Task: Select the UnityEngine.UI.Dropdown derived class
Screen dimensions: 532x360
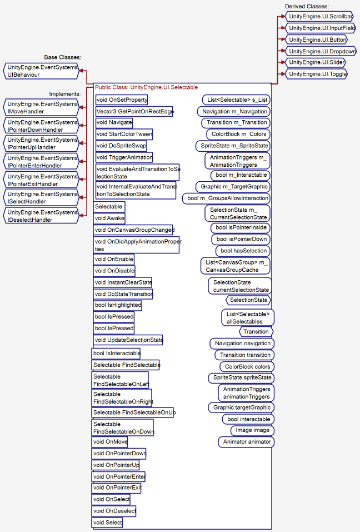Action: (x=321, y=51)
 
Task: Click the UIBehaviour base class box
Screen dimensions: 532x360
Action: (x=42, y=71)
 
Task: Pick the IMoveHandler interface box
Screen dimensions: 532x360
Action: (x=42, y=107)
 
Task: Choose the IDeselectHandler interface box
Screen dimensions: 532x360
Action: (x=42, y=216)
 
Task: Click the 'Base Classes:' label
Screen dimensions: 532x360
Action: (x=63, y=57)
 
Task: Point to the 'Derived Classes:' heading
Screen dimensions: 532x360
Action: (x=307, y=6)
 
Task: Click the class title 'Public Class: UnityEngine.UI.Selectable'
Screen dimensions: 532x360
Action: (x=146, y=87)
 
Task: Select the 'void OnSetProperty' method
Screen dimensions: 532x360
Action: (x=122, y=100)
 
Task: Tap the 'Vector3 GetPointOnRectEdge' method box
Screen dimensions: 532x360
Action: (x=134, y=111)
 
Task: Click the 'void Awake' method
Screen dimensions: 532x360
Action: (x=109, y=218)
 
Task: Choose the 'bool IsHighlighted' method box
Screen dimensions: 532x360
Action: (x=118, y=305)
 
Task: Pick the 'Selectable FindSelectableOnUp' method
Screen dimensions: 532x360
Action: (x=134, y=412)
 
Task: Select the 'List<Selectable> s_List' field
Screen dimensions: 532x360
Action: (x=237, y=100)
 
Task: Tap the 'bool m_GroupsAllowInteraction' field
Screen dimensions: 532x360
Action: (x=228, y=198)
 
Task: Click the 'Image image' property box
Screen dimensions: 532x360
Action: (x=252, y=430)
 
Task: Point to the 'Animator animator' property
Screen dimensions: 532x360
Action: (x=247, y=442)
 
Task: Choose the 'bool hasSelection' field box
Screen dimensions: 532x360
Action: (x=243, y=251)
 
